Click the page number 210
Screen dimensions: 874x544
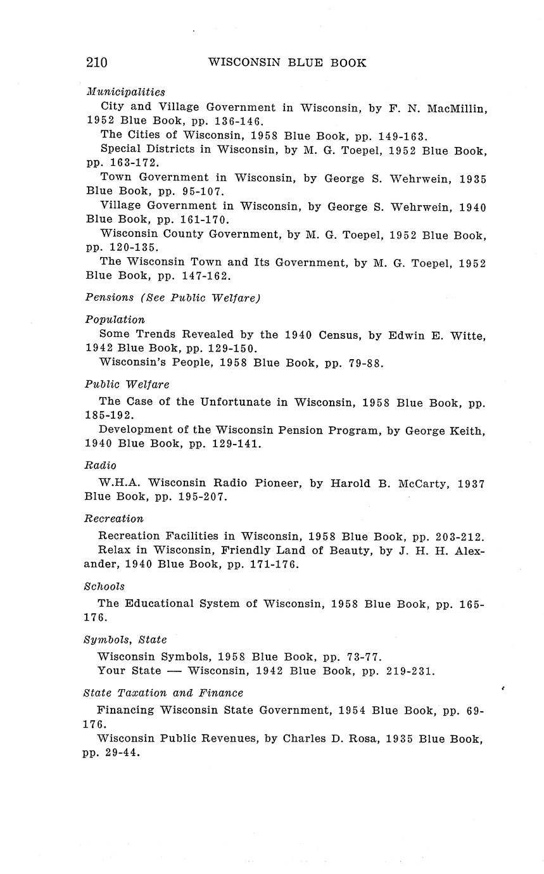tap(97, 62)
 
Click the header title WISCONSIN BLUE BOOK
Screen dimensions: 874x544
tap(287, 63)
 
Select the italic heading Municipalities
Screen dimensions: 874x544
tap(125, 92)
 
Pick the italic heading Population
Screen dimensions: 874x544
tap(115, 320)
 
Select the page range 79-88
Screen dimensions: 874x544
tap(362, 364)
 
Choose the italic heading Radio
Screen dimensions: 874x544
tap(101, 465)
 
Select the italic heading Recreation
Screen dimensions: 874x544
tap(114, 519)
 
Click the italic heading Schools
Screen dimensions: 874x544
tap(104, 586)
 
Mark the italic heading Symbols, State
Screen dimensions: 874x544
tap(125, 640)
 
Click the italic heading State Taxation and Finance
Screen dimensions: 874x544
tap(163, 693)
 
